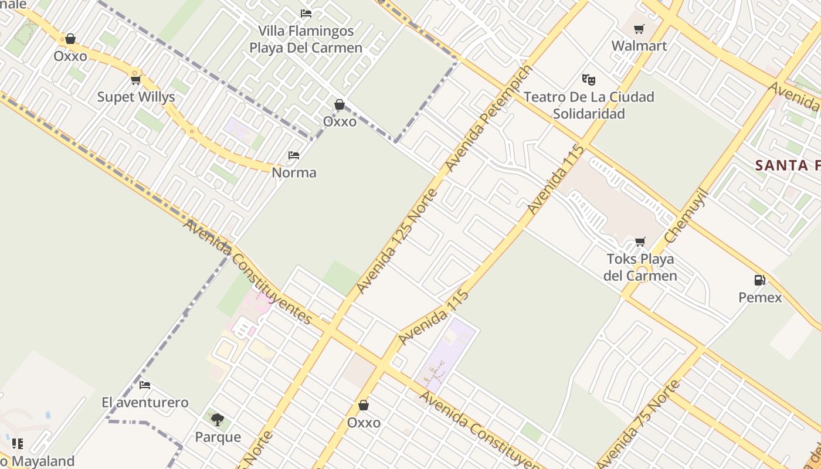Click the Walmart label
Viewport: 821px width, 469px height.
639,46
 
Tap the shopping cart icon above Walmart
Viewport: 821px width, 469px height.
639,29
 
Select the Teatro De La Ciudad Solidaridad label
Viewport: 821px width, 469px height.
589,105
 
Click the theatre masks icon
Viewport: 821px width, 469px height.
588,79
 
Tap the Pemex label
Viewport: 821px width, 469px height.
760,297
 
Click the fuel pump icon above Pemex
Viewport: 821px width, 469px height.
759,280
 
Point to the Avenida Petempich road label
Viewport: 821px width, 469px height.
489,118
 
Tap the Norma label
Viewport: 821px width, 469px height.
294,172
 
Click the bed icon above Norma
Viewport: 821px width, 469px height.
294,155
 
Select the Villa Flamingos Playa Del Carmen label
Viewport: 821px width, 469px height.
306,39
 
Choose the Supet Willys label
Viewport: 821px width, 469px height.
136,97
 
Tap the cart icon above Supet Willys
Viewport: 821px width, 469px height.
136,80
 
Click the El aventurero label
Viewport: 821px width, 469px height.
145,402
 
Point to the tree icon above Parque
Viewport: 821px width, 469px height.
218,420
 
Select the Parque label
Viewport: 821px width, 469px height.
218,437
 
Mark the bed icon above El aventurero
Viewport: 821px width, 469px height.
145,385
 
